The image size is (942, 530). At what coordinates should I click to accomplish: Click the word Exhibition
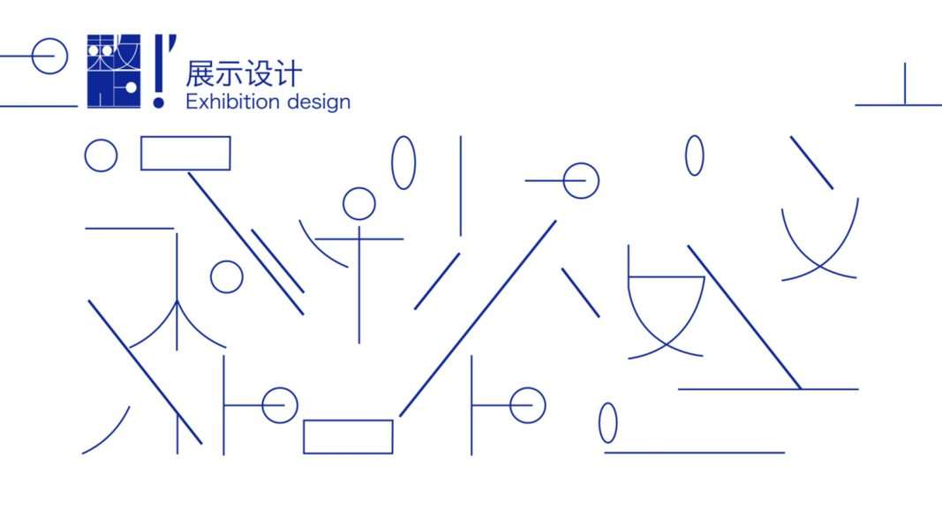tap(232, 102)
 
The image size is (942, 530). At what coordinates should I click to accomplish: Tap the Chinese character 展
tap(200, 73)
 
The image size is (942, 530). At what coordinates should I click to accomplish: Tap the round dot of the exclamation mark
tap(159, 102)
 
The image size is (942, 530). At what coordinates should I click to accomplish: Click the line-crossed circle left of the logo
tap(49, 57)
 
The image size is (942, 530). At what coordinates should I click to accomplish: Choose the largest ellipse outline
tap(403, 163)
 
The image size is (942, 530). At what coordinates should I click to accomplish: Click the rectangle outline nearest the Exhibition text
tap(185, 153)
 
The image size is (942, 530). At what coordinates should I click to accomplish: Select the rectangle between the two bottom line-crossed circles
tap(348, 436)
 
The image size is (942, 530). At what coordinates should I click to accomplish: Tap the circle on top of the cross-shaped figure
tap(358, 204)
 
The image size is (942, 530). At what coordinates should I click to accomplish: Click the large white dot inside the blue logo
tap(130, 87)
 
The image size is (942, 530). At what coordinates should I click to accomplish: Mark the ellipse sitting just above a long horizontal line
tap(607, 423)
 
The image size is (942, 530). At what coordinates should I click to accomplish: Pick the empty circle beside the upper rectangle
tap(101, 155)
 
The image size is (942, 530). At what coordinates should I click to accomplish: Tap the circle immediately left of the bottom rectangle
tap(279, 405)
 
